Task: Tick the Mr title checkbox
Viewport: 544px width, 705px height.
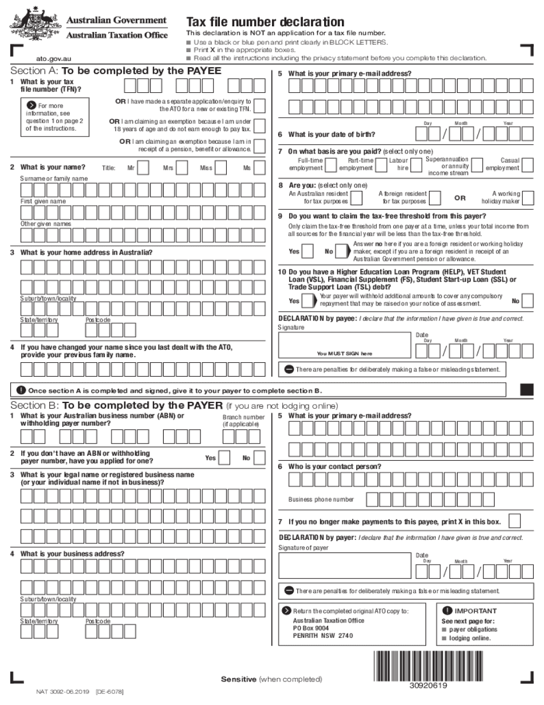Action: click(x=144, y=167)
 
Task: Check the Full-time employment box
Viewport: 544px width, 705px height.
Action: click(x=331, y=165)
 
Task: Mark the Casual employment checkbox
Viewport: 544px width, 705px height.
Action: click(x=528, y=165)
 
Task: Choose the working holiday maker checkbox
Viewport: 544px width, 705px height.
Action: click(x=528, y=198)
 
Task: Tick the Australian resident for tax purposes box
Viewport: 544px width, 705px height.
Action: click(x=356, y=198)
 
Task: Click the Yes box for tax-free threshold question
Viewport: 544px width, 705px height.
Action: click(x=308, y=251)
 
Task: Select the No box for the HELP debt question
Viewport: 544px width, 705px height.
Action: click(x=528, y=301)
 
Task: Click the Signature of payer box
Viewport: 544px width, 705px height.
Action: click(x=344, y=566)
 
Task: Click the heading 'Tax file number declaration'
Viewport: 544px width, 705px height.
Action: click(x=265, y=22)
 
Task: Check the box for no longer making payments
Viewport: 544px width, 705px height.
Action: click(x=515, y=521)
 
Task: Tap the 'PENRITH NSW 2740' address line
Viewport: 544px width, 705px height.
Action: click(x=323, y=635)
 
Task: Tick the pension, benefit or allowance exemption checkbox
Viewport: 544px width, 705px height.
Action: click(x=259, y=146)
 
